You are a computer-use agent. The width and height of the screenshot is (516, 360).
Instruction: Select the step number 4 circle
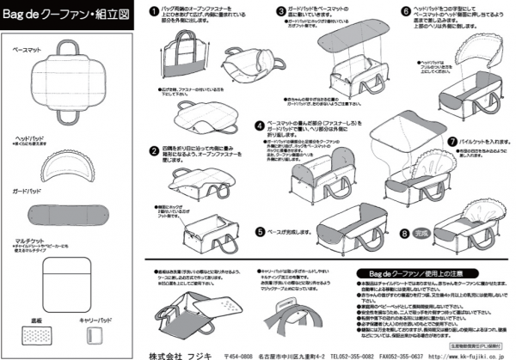pos(259,125)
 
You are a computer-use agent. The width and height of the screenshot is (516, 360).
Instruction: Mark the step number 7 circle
pos(452,140)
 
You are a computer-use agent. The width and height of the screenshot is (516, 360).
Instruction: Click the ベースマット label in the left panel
pos(30,52)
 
